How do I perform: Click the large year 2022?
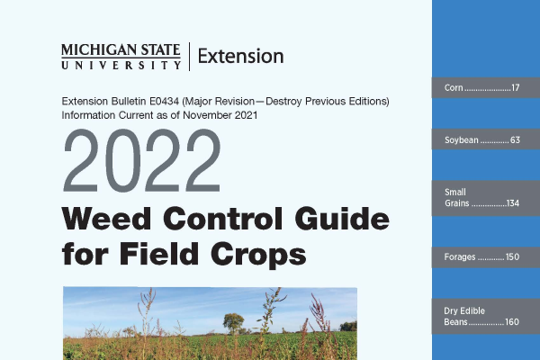(x=142, y=160)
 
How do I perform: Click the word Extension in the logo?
(x=240, y=56)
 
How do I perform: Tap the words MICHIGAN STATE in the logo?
(x=121, y=50)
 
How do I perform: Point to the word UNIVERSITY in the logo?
(x=121, y=65)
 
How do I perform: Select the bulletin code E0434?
(x=164, y=102)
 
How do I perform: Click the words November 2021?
(x=220, y=115)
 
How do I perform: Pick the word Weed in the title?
(x=106, y=219)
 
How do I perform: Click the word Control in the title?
(x=223, y=219)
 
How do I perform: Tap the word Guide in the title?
(x=342, y=219)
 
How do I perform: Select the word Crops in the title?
(x=258, y=255)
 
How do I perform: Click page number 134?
(x=513, y=203)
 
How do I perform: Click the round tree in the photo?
(x=233, y=322)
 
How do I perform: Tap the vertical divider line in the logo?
(x=189, y=57)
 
